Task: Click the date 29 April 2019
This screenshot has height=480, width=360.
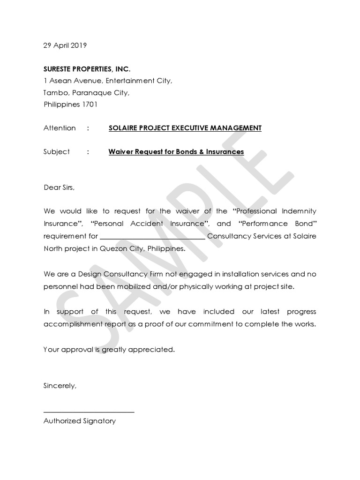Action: tap(65, 45)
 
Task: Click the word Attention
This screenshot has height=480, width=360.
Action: tap(59, 128)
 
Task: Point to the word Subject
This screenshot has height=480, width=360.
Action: tap(56, 151)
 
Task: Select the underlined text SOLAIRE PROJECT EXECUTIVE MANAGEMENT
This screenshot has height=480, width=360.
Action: tap(185, 128)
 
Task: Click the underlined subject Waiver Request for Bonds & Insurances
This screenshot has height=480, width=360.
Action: tap(176, 151)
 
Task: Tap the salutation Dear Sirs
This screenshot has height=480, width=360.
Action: tap(59, 187)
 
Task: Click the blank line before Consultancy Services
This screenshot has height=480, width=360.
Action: tap(152, 237)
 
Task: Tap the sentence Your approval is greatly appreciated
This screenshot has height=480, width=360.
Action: tap(109, 349)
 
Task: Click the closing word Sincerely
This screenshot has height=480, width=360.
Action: tap(60, 386)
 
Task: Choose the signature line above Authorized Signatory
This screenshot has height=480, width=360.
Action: tap(89, 412)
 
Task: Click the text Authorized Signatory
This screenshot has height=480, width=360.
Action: tap(79, 420)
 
